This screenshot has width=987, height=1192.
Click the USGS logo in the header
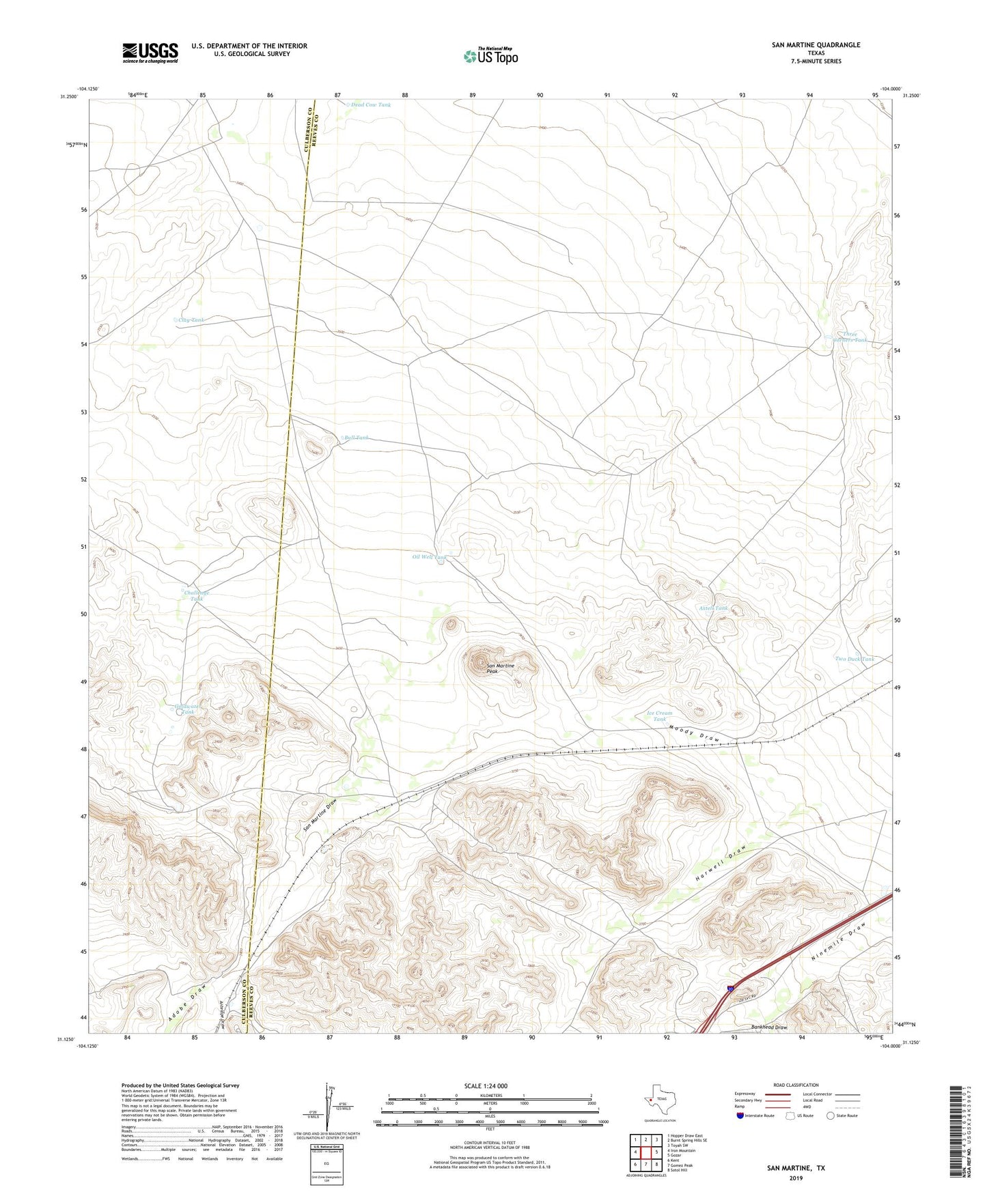tap(150, 52)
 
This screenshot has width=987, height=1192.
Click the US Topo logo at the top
tap(490, 56)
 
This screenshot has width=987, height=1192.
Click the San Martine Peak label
tap(501, 668)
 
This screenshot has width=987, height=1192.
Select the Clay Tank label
tap(190, 320)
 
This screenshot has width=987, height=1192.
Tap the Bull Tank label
tap(357, 438)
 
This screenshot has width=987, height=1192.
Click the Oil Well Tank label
tap(429, 557)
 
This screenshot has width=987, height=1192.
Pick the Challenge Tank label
tap(197, 595)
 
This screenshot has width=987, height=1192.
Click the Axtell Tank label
tap(713, 608)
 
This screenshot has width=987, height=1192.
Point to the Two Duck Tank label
tap(854, 659)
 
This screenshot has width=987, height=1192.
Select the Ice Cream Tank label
tap(659, 715)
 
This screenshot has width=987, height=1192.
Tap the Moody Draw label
tap(695, 733)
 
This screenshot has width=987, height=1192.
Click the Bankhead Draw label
tap(769, 1027)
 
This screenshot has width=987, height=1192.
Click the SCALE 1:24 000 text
tap(485, 1085)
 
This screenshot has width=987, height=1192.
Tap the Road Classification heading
tap(796, 1085)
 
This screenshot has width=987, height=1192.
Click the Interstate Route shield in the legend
tap(741, 1116)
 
